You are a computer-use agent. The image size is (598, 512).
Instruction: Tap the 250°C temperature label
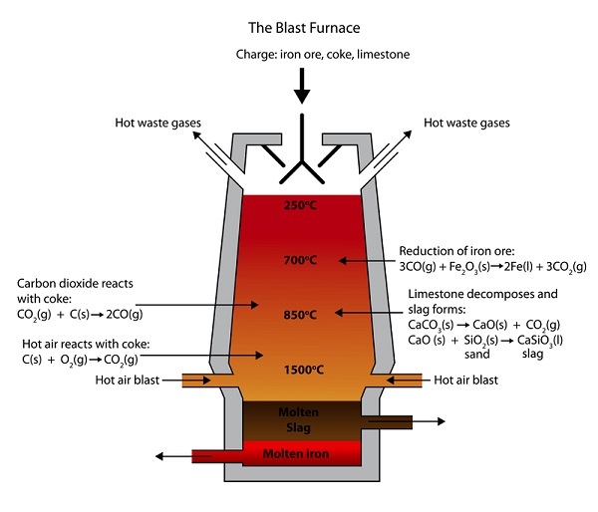coord(299,206)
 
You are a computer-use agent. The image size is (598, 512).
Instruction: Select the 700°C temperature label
coord(299,261)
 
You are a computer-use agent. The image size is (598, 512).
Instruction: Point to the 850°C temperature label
coord(299,315)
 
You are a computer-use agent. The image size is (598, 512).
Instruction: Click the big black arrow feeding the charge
coord(299,90)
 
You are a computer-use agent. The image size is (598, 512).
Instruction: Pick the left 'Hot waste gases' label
coord(160,124)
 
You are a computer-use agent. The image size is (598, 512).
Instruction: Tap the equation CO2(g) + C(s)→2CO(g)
coord(81,315)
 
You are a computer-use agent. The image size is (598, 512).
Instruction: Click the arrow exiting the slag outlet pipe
coord(429,422)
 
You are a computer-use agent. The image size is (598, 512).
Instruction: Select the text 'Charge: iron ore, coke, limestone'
coord(299,53)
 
